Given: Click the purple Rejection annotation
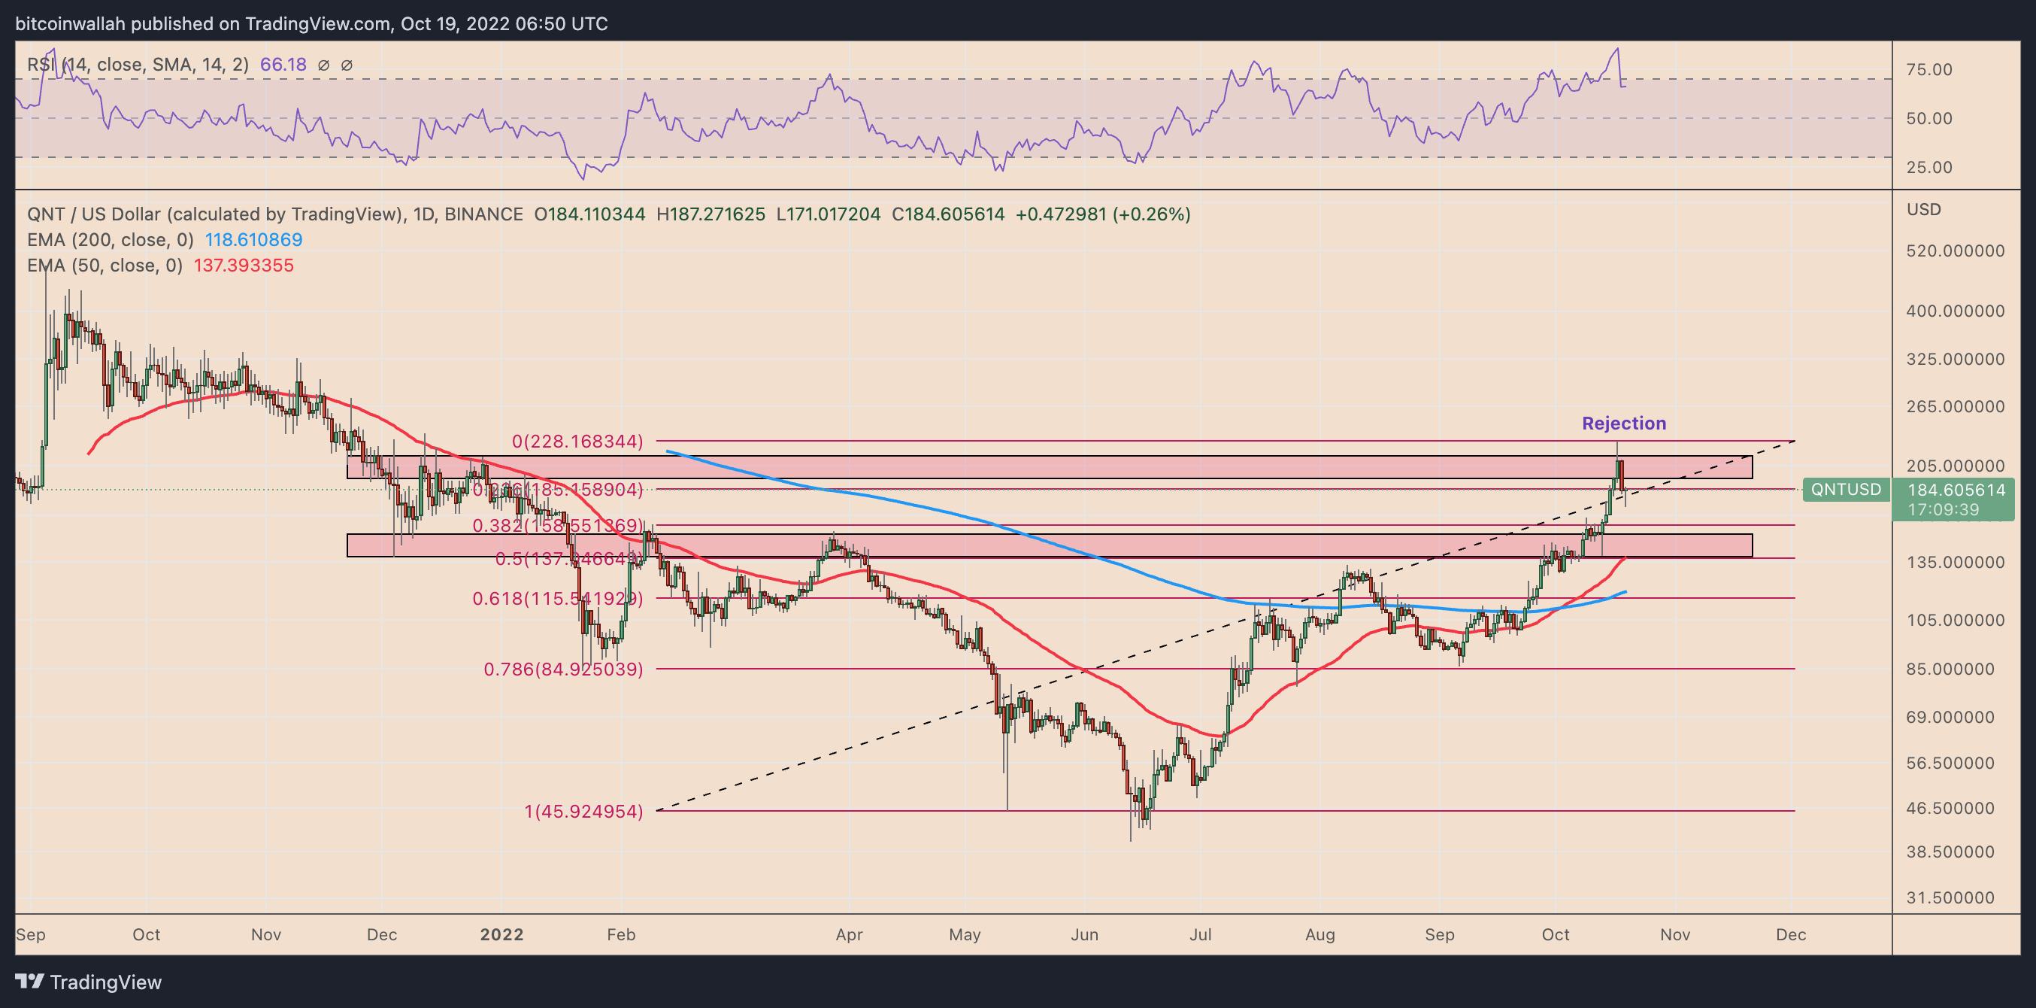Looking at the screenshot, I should [x=1623, y=423].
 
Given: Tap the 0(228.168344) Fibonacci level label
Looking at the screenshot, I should [x=577, y=441].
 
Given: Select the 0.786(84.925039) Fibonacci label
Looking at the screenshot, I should [x=562, y=669].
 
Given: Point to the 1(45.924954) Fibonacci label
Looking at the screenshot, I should [x=583, y=811].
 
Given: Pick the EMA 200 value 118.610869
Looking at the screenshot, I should [x=253, y=239].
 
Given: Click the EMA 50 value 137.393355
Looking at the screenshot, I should [x=244, y=266].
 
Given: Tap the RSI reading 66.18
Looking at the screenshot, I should [x=283, y=65].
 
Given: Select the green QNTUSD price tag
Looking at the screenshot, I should [x=1846, y=490].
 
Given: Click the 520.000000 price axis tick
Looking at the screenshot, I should [x=1955, y=250].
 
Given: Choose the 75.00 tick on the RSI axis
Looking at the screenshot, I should [x=1928, y=69].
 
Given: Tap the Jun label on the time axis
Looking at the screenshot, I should [x=1083, y=934].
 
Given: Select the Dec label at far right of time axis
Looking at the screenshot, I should [x=1790, y=934].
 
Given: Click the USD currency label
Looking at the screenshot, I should [x=1923, y=210].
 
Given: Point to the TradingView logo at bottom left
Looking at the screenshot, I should [x=89, y=982].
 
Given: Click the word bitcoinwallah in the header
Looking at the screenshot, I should [x=71, y=24].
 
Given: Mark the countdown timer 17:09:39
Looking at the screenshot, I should [x=1943, y=510].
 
